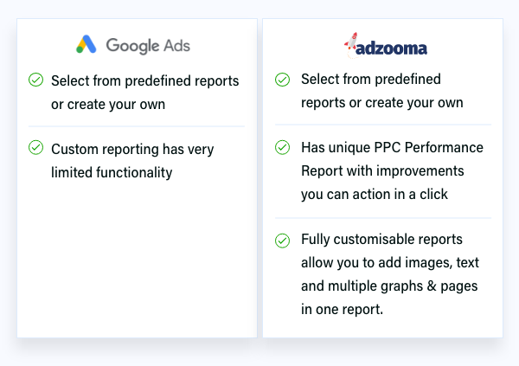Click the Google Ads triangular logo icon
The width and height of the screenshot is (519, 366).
pos(86,44)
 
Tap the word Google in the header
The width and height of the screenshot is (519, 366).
pos(132,46)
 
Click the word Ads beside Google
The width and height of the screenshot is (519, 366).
pos(177,45)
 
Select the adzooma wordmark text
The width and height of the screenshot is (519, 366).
pos(391,48)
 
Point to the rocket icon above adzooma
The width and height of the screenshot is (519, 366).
pos(351,42)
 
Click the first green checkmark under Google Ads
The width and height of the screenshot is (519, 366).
pos(35,80)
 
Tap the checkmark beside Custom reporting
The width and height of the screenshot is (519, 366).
pos(35,147)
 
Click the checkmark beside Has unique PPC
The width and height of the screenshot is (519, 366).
pos(282,147)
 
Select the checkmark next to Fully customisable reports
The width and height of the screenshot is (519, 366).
pos(282,241)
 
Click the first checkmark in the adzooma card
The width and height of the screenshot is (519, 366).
pos(282,80)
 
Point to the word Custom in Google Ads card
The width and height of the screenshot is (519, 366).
pos(74,149)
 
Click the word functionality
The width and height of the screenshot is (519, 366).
pos(134,172)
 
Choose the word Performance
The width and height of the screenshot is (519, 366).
pos(444,147)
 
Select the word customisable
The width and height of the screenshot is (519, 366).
pos(375,239)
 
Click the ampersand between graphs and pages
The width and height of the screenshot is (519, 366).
pos(432,286)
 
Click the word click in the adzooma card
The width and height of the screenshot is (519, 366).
pos(433,194)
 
